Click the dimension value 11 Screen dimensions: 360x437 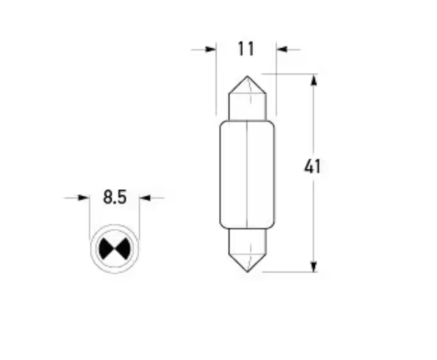pos(246,50)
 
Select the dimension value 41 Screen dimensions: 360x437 pos(313,167)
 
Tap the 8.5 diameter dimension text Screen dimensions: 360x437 pos(114,197)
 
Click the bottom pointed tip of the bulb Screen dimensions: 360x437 pos(247,271)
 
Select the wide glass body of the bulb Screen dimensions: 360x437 pos(247,173)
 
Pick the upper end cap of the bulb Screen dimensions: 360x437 pos(247,102)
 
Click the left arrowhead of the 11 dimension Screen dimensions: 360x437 pos(211,50)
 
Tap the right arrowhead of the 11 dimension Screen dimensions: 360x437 pos(282,50)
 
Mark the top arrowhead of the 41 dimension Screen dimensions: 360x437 pos(314,80)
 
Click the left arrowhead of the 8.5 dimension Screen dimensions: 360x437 pos(83,197)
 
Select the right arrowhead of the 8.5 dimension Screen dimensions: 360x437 pos(145,197)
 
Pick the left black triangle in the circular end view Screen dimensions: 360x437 pos(107,249)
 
